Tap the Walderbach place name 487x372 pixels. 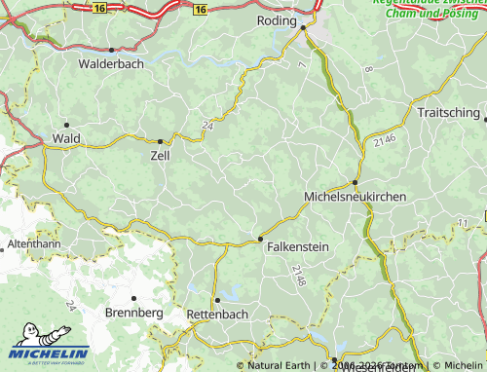(112, 63)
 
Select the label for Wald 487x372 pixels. (66, 139)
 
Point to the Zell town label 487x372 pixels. (160, 155)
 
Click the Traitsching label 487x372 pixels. (449, 113)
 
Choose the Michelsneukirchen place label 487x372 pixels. (356, 196)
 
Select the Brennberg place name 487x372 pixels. (134, 314)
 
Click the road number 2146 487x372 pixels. (384, 143)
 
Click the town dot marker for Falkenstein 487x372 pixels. (260, 239)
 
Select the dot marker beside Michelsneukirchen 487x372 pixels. (355, 182)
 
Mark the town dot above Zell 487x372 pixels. (160, 141)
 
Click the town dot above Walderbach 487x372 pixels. (112, 50)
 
